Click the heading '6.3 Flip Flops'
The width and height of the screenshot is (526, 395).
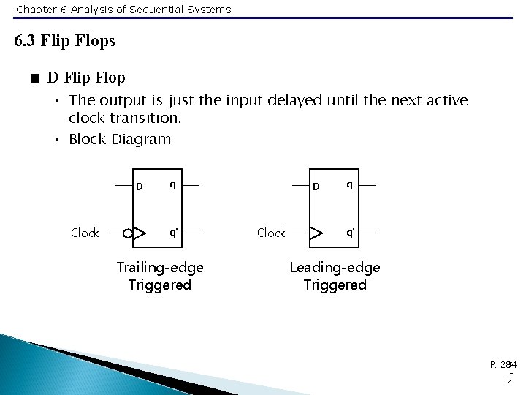(65, 41)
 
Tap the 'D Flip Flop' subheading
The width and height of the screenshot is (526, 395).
(86, 77)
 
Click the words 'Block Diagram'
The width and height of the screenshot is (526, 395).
(119, 139)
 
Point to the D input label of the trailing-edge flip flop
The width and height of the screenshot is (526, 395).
(139, 186)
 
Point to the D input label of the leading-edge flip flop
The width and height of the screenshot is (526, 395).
(316, 186)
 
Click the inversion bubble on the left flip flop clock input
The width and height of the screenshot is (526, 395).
(129, 233)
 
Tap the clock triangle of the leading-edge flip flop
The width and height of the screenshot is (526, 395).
(317, 233)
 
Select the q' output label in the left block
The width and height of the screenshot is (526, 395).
(173, 233)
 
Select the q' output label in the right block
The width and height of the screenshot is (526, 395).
(351, 233)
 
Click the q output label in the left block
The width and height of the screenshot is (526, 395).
(172, 185)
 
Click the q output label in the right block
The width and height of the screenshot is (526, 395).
(350, 185)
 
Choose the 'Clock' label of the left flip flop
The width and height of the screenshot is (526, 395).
(85, 233)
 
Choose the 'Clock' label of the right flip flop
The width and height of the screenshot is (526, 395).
(271, 233)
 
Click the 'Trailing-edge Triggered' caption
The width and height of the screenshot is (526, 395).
(159, 276)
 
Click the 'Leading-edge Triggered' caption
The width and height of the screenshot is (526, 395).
(335, 276)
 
